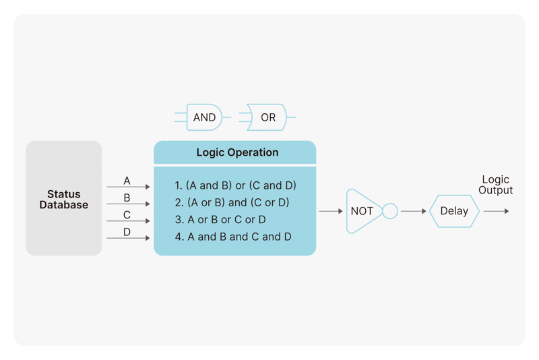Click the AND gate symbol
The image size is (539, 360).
(x=204, y=117)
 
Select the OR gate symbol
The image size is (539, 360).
(x=267, y=117)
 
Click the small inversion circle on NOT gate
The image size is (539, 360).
(x=390, y=211)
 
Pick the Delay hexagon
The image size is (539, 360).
(x=454, y=211)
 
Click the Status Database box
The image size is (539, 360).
(x=64, y=198)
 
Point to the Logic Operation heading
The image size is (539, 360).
(x=237, y=152)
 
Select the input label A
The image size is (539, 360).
(x=127, y=181)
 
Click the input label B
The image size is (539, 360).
(x=127, y=198)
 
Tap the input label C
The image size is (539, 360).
(x=127, y=215)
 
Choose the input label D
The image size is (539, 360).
(x=127, y=232)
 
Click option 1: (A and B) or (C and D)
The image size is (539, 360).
(x=235, y=185)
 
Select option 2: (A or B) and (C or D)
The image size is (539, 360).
(x=232, y=202)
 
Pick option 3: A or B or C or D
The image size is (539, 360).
(x=220, y=220)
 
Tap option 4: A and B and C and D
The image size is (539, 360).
(x=233, y=237)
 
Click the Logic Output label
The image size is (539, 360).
(x=495, y=185)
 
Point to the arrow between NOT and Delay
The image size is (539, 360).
(x=414, y=211)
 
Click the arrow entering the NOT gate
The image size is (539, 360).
(x=331, y=211)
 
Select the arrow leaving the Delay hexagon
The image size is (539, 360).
(x=496, y=211)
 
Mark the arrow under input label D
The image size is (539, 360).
(x=128, y=238)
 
